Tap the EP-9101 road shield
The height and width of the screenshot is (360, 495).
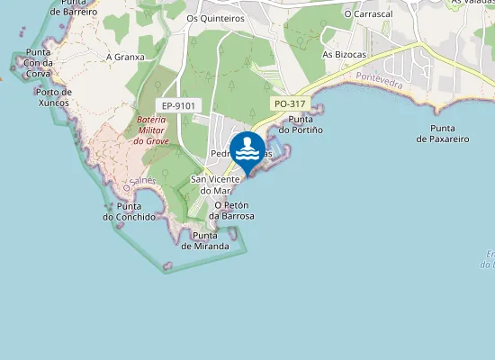pyautogui.click(x=175, y=105)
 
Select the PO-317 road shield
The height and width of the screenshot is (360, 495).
pyautogui.click(x=291, y=104)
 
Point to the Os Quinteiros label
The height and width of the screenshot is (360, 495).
pyautogui.click(x=215, y=17)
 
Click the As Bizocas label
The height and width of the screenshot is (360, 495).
pyautogui.click(x=342, y=54)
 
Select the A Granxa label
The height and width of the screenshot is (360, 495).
pyautogui.click(x=125, y=57)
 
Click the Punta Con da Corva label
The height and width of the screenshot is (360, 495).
pyautogui.click(x=39, y=63)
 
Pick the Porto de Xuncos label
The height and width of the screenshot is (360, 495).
pyautogui.click(x=54, y=97)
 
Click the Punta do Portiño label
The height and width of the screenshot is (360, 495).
pyautogui.click(x=300, y=125)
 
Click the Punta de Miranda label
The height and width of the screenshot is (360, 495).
pyautogui.click(x=205, y=240)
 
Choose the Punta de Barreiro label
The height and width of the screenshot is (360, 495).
pyautogui.click(x=74, y=7)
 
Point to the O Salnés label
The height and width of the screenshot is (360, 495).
pyautogui.click(x=140, y=183)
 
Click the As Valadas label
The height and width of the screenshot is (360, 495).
pyautogui.click(x=472, y=3)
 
